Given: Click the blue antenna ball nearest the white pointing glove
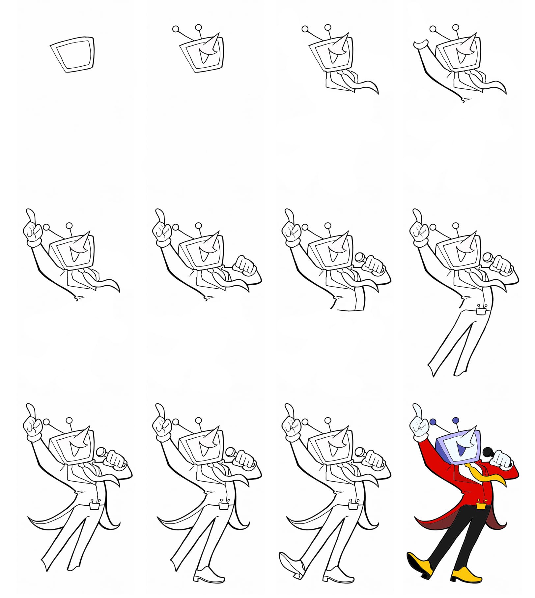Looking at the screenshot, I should coord(433,422).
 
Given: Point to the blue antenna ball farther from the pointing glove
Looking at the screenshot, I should coord(456,420).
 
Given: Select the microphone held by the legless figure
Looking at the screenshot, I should coord(359,257).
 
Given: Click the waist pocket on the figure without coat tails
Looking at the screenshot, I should coord(481,311).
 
